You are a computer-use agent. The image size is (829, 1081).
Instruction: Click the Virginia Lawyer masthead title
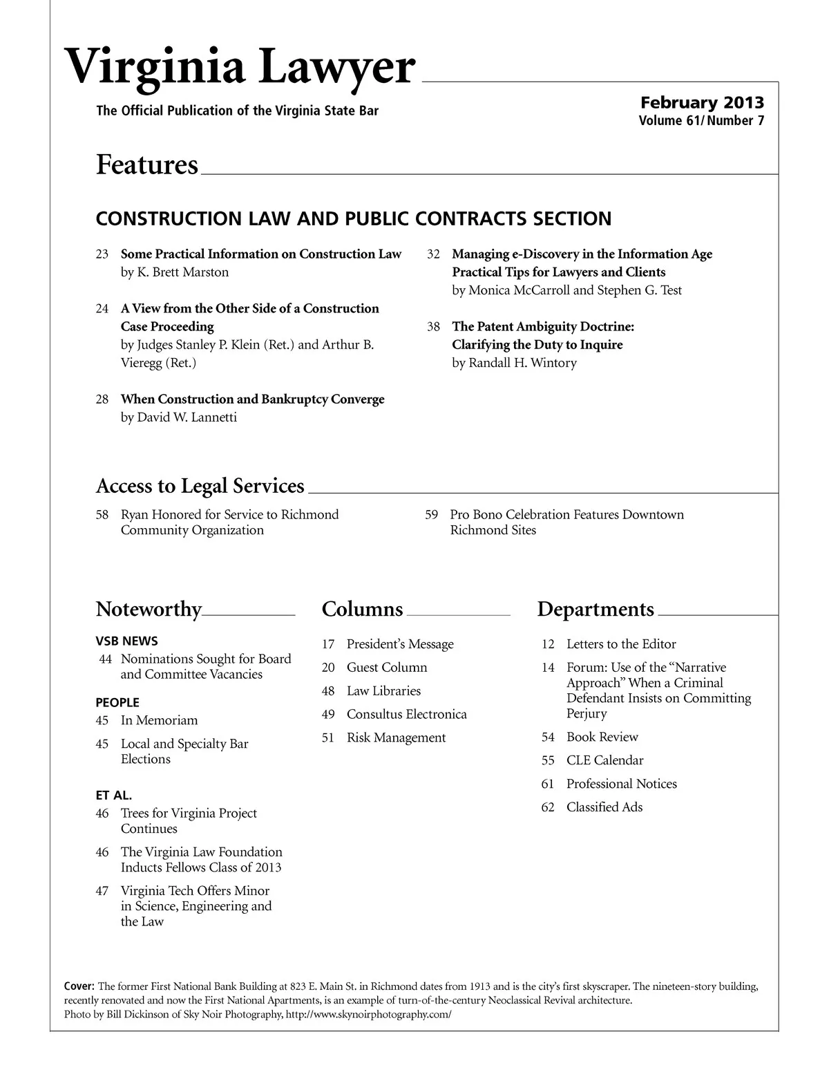click(x=240, y=68)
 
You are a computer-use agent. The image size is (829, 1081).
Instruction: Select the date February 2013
click(x=702, y=103)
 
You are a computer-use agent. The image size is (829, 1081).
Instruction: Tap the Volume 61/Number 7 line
click(x=701, y=121)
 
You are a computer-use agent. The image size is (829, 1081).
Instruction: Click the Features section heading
click(x=146, y=165)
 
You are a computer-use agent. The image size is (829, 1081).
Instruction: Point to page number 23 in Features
click(x=102, y=254)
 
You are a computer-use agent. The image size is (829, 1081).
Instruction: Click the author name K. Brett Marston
click(x=175, y=272)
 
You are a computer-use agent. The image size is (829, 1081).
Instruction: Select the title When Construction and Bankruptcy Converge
click(x=252, y=399)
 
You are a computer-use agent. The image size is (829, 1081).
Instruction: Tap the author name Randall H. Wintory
click(x=514, y=363)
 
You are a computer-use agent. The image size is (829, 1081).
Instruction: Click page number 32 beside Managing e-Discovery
click(x=434, y=254)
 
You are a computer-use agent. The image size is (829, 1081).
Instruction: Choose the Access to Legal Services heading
click(x=200, y=486)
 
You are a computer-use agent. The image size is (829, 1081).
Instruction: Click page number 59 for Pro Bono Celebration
click(x=432, y=515)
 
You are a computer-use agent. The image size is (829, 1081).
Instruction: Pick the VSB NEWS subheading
click(x=126, y=641)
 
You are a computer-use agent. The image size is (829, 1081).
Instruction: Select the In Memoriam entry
click(x=159, y=720)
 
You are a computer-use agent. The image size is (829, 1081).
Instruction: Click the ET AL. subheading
click(x=114, y=795)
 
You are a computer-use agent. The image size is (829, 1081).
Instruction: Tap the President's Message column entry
click(x=400, y=644)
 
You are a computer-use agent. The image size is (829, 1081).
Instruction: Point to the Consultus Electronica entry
click(x=406, y=715)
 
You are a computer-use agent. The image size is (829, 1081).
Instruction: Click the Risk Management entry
click(x=396, y=738)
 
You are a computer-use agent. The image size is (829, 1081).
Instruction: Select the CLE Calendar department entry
click(x=604, y=760)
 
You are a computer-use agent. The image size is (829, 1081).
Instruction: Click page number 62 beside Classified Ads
click(x=548, y=807)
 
